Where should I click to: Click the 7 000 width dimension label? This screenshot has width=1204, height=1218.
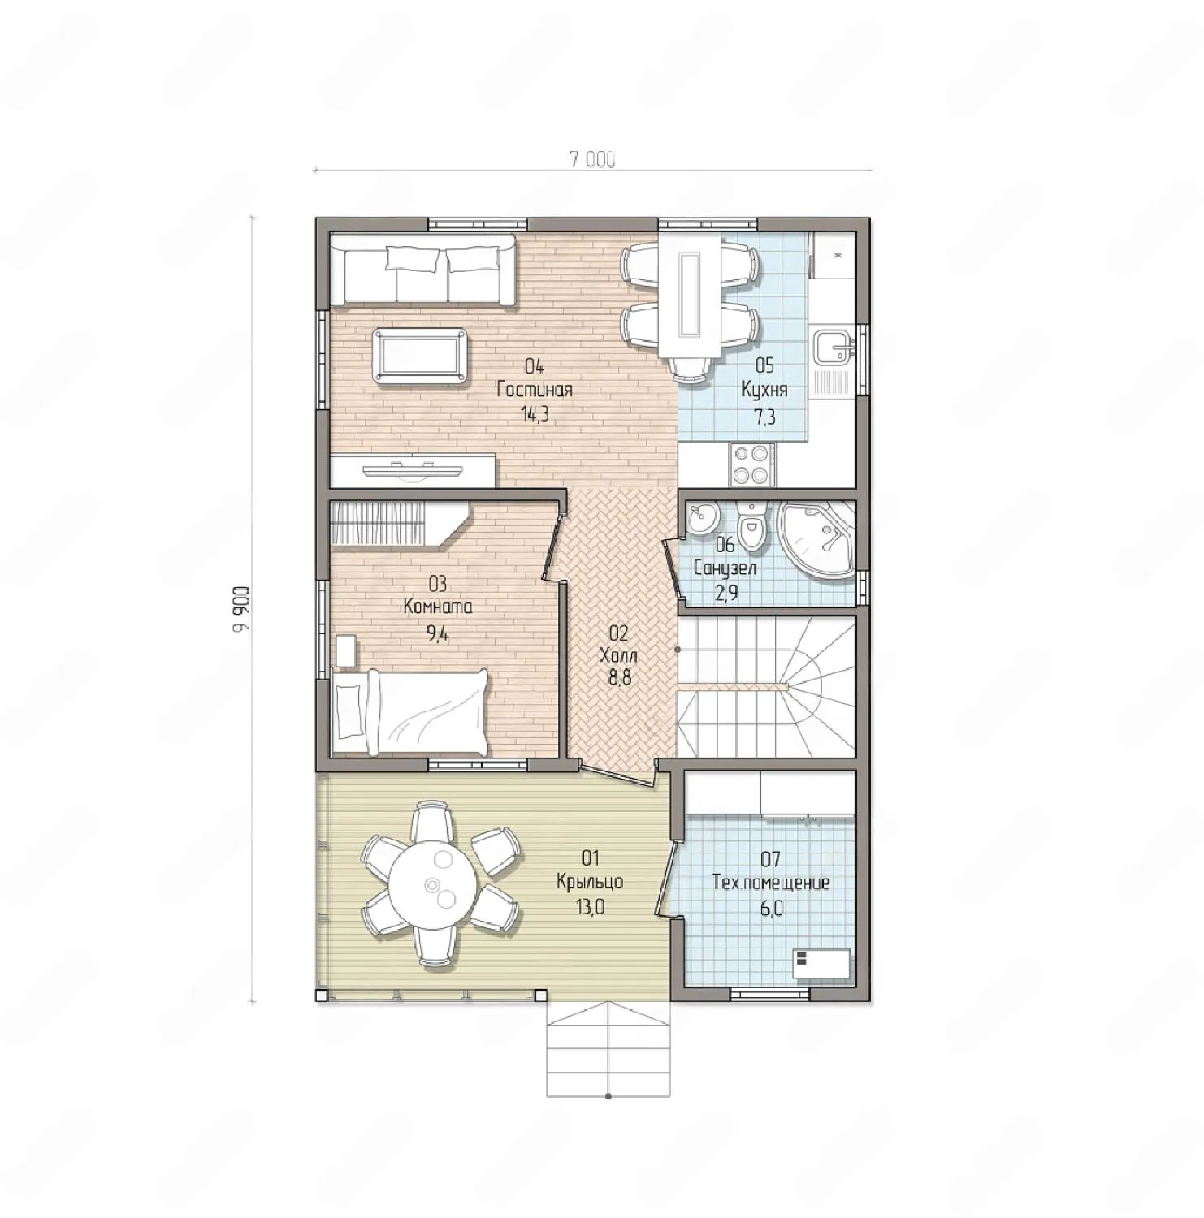(592, 160)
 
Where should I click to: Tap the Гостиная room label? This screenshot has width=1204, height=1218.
(535, 390)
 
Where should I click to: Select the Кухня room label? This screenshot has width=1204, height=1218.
(764, 390)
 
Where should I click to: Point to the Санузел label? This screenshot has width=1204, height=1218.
(725, 568)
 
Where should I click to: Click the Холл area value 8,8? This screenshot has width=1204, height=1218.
(619, 678)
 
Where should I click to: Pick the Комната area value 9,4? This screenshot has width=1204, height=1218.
(437, 633)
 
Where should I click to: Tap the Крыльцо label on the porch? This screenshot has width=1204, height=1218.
(590, 882)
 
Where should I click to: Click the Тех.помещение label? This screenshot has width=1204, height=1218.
(771, 883)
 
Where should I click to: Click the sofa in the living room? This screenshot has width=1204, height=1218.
(422, 270)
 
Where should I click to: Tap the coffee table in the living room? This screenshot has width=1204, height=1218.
(419, 356)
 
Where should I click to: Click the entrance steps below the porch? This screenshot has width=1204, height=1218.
(608, 1048)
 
